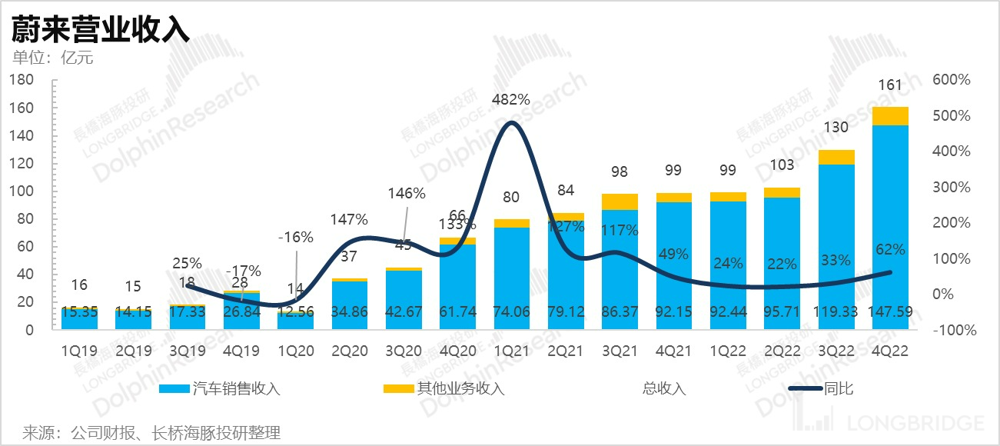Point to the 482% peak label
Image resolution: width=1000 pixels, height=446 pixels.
(511, 99)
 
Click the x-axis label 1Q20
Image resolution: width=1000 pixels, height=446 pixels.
(296, 350)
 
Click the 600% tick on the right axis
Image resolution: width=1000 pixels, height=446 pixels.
(951, 80)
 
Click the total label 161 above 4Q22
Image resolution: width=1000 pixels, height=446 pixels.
(889, 85)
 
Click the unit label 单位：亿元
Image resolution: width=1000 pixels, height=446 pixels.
(53, 57)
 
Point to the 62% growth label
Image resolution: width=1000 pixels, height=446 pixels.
(889, 249)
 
